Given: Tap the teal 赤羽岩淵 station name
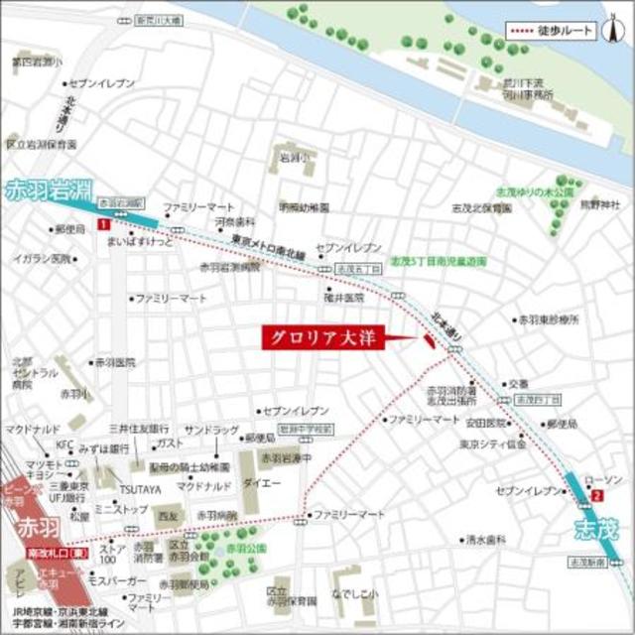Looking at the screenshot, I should (44, 189).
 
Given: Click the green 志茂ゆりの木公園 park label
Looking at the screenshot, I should (536, 190).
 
